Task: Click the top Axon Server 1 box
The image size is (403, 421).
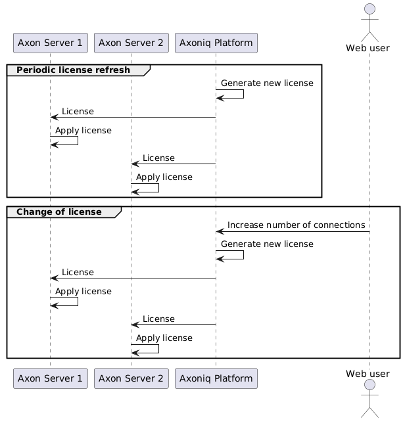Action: (50, 43)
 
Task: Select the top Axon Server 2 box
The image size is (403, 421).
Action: (131, 43)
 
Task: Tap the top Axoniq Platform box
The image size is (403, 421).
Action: (216, 43)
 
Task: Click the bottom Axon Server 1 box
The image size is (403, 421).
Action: (50, 378)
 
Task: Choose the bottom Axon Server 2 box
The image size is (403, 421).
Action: (131, 378)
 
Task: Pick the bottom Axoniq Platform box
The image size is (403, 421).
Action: (216, 378)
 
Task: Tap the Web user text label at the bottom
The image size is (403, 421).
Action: (369, 374)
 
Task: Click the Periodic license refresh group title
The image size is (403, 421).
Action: (73, 70)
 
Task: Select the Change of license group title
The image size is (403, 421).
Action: (59, 211)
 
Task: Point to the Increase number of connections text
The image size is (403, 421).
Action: (296, 225)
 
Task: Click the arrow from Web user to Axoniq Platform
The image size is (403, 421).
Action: (293, 231)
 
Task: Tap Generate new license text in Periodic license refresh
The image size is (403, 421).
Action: (267, 83)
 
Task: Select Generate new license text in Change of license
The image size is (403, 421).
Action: (267, 244)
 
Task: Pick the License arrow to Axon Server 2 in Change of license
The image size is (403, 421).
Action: (174, 324)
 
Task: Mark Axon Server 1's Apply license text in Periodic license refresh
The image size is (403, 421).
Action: (83, 130)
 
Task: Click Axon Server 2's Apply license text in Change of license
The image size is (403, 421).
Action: (164, 338)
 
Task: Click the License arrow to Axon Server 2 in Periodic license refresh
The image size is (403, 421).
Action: (174, 164)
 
